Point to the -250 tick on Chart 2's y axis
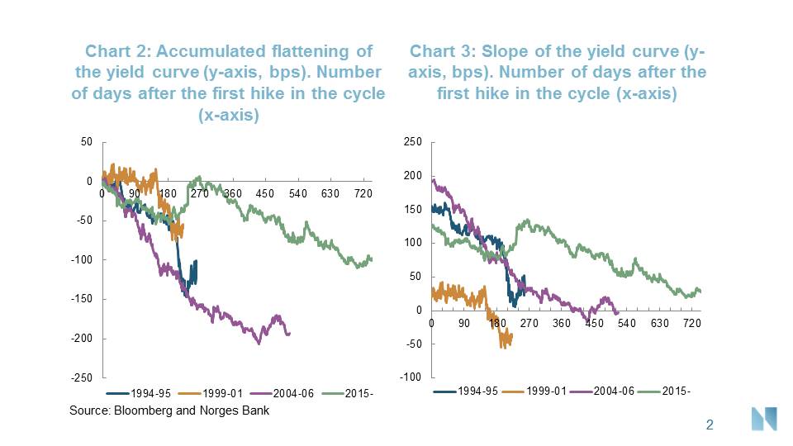point(81,377)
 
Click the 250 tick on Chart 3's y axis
point(413,143)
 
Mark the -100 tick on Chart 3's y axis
point(411,377)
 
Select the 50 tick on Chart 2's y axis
point(87,142)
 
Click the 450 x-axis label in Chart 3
point(595,323)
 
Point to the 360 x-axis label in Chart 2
point(232,193)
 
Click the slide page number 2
point(709,425)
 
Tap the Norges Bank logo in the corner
point(764,419)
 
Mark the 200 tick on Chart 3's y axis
point(413,176)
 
